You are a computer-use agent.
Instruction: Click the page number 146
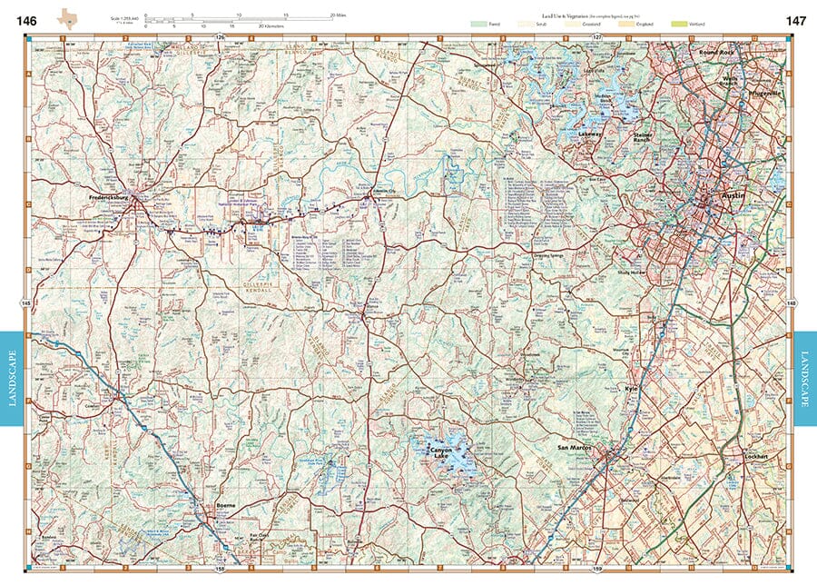click(x=26, y=20)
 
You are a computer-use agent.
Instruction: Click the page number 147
click(x=796, y=20)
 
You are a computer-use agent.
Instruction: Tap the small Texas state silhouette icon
click(x=67, y=17)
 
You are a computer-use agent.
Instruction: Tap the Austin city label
click(x=732, y=195)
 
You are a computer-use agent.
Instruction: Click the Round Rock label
click(x=721, y=53)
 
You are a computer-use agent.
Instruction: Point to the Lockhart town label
click(x=756, y=456)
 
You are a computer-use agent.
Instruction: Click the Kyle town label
click(x=633, y=388)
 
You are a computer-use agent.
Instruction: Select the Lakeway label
click(x=591, y=134)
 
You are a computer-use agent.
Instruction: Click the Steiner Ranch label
click(x=644, y=137)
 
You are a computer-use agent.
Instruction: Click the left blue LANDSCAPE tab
click(x=13, y=377)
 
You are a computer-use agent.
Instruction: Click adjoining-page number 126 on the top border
click(x=221, y=36)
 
